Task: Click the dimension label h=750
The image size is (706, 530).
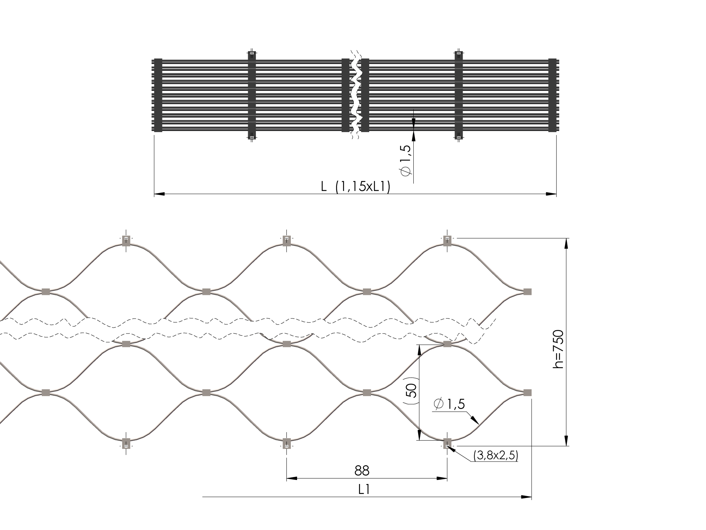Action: tap(558, 349)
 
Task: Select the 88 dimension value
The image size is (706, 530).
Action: tap(362, 470)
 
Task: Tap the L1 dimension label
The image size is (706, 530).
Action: tap(364, 489)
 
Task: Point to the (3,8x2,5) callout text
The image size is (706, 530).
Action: tap(496, 456)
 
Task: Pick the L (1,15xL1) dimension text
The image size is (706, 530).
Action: tap(355, 187)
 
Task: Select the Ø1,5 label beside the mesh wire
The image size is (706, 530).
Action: tap(449, 404)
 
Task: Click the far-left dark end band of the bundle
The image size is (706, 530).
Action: tap(158, 95)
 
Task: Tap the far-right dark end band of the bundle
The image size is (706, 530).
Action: tap(553, 95)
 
